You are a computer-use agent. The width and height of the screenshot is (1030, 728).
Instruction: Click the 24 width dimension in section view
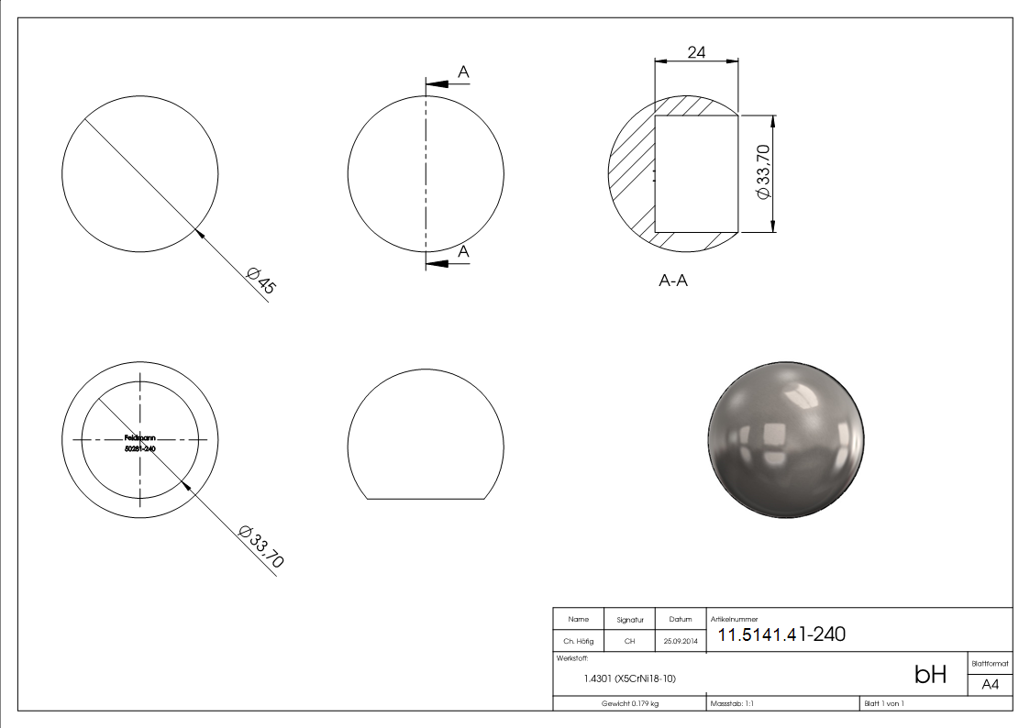pyautogui.click(x=696, y=53)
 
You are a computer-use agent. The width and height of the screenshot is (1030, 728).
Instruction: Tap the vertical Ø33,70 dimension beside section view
pyautogui.click(x=760, y=172)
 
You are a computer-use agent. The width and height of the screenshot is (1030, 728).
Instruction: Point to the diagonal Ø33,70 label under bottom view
pyautogui.click(x=260, y=546)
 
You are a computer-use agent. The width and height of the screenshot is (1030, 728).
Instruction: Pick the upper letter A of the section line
pyautogui.click(x=463, y=72)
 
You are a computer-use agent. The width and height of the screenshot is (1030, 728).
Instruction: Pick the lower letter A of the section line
pyautogui.click(x=463, y=251)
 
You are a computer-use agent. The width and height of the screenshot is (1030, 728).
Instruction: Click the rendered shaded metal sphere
pyautogui.click(x=786, y=438)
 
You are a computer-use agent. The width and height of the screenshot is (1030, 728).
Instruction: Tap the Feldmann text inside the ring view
pyautogui.click(x=139, y=438)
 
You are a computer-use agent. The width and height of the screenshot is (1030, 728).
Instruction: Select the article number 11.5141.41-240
pyautogui.click(x=781, y=634)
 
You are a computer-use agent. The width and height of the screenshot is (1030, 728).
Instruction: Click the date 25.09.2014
pyautogui.click(x=681, y=641)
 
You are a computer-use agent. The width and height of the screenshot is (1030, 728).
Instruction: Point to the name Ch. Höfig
pyautogui.click(x=578, y=641)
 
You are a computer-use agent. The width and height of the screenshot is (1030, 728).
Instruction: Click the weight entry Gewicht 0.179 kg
pyautogui.click(x=629, y=703)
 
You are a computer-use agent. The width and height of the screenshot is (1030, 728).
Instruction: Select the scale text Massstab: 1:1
pyautogui.click(x=732, y=703)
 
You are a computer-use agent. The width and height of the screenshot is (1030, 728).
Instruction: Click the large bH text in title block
pyautogui.click(x=930, y=676)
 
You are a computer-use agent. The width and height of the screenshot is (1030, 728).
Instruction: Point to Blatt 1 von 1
pyautogui.click(x=883, y=703)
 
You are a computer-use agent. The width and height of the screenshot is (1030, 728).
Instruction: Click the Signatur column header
pyautogui.click(x=629, y=620)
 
